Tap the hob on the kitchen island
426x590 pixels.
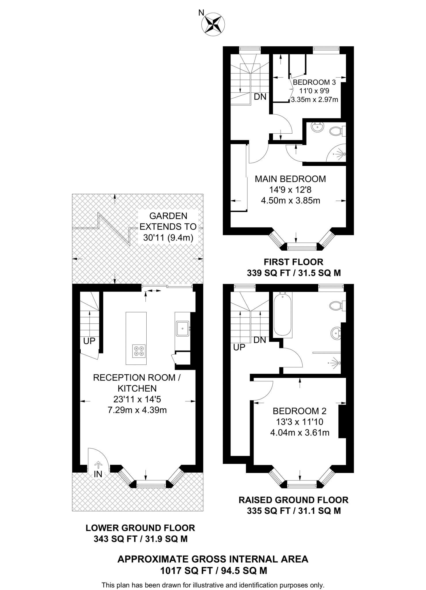coord(139,351)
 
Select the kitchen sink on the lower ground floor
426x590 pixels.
coord(183,329)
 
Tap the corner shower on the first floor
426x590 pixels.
coord(336,153)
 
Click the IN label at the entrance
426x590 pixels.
coord(98,474)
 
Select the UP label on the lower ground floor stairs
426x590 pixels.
coord(89,341)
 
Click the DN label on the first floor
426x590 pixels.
coord(260,97)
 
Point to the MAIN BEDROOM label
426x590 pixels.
coord(290,179)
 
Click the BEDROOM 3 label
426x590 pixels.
coord(314,82)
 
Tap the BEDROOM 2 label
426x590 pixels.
coord(300,411)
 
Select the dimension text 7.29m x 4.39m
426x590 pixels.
coord(137,410)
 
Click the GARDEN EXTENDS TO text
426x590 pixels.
coord(168,221)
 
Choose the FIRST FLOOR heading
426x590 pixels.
coord(294,262)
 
